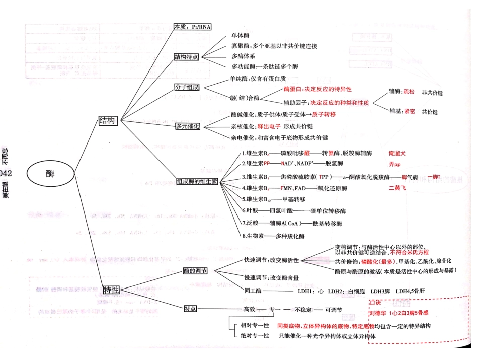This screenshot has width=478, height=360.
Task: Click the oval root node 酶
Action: coord(50,173)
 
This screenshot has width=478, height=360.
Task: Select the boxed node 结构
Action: coord(108,121)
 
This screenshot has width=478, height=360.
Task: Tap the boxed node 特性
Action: coord(111,290)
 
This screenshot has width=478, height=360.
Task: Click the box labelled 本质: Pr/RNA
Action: coord(192,27)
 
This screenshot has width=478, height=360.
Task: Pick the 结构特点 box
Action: coord(186,57)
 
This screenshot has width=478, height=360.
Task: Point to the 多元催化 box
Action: coord(188,126)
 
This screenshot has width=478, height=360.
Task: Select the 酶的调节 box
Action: coord(195,271)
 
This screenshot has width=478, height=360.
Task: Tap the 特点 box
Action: coord(190,308)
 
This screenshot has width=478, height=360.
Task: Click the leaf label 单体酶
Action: coord(240,36)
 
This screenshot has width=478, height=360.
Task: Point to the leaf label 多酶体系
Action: coord(243,56)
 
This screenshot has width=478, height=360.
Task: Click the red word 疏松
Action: coord(409,92)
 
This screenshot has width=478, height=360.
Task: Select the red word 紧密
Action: coord(409,111)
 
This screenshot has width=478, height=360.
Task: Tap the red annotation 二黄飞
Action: coord(397,188)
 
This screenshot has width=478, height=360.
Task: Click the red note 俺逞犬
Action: coord(397,153)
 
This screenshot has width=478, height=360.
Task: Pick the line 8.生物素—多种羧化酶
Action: coord(273,236)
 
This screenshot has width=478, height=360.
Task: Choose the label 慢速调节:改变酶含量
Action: coord(272,277)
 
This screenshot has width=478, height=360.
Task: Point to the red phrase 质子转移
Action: coord(324,115)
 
